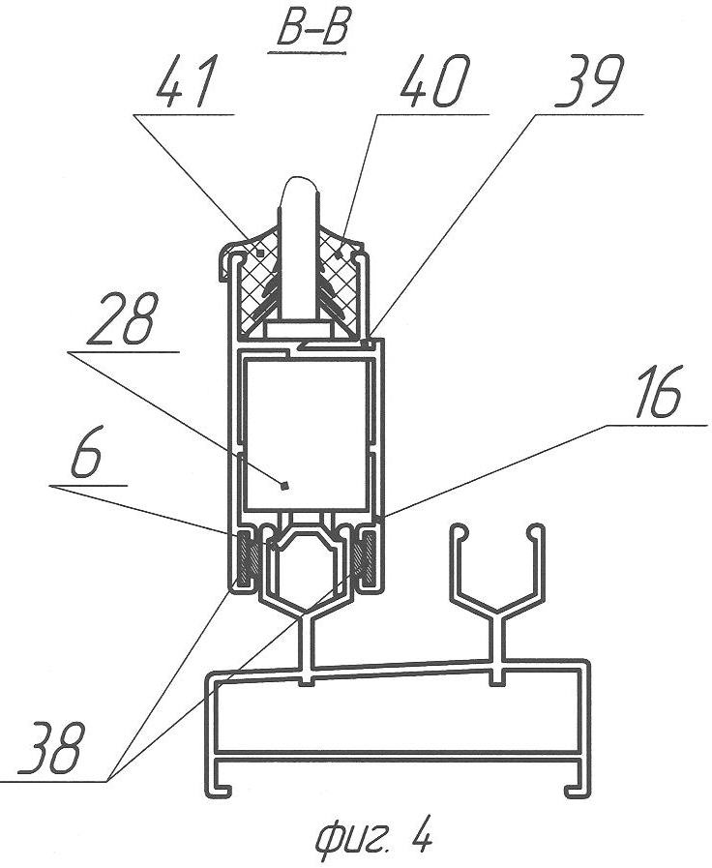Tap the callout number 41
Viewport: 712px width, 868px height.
coord(185,81)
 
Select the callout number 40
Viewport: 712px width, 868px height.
coord(434,81)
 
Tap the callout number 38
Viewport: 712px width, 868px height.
coord(52,747)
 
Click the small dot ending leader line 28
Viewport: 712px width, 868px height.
coord(284,486)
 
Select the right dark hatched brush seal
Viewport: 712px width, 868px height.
coord(366,558)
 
